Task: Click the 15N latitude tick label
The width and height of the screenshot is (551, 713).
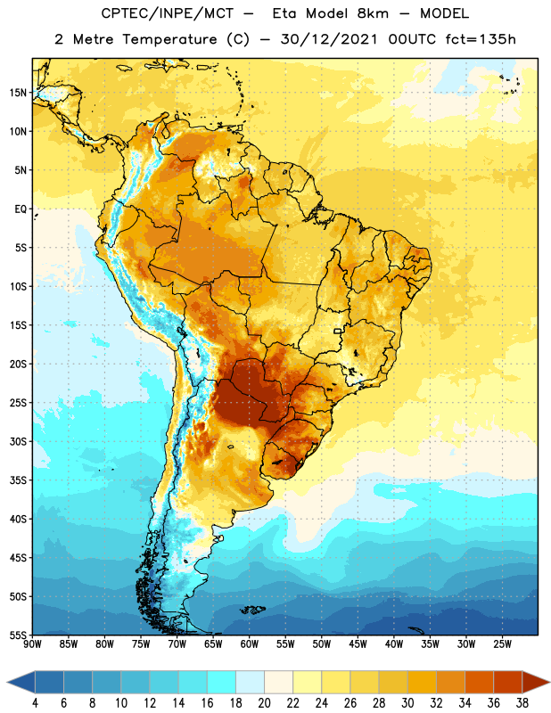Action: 18,93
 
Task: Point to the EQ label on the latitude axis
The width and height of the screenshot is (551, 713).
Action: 21,209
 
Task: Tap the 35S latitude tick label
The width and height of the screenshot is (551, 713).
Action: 18,480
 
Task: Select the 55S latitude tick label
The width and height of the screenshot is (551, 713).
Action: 18,635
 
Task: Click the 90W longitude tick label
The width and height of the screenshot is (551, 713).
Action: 32,644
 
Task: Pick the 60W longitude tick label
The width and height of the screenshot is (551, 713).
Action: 250,644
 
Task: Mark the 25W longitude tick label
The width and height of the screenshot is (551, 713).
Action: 502,644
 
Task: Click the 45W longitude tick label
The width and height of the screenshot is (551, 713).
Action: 358,644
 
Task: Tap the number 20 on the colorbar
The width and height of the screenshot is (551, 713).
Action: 264,703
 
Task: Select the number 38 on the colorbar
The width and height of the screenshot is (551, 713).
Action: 522,703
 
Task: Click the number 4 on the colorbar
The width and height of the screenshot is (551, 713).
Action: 35,703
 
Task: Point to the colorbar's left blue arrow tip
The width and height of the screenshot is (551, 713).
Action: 7,682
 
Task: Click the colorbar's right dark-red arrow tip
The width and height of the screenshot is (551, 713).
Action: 549,682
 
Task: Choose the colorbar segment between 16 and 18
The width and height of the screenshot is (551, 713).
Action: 221,682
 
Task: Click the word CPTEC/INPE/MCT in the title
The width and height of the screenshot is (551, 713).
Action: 167,13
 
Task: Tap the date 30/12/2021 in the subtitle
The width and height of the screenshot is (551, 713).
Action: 328,39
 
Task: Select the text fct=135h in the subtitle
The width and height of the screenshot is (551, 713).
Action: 481,39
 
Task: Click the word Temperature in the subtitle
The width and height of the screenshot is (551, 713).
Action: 169,39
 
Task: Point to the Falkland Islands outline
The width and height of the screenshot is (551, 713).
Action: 252,610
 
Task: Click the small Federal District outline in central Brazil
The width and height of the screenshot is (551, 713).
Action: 338,331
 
